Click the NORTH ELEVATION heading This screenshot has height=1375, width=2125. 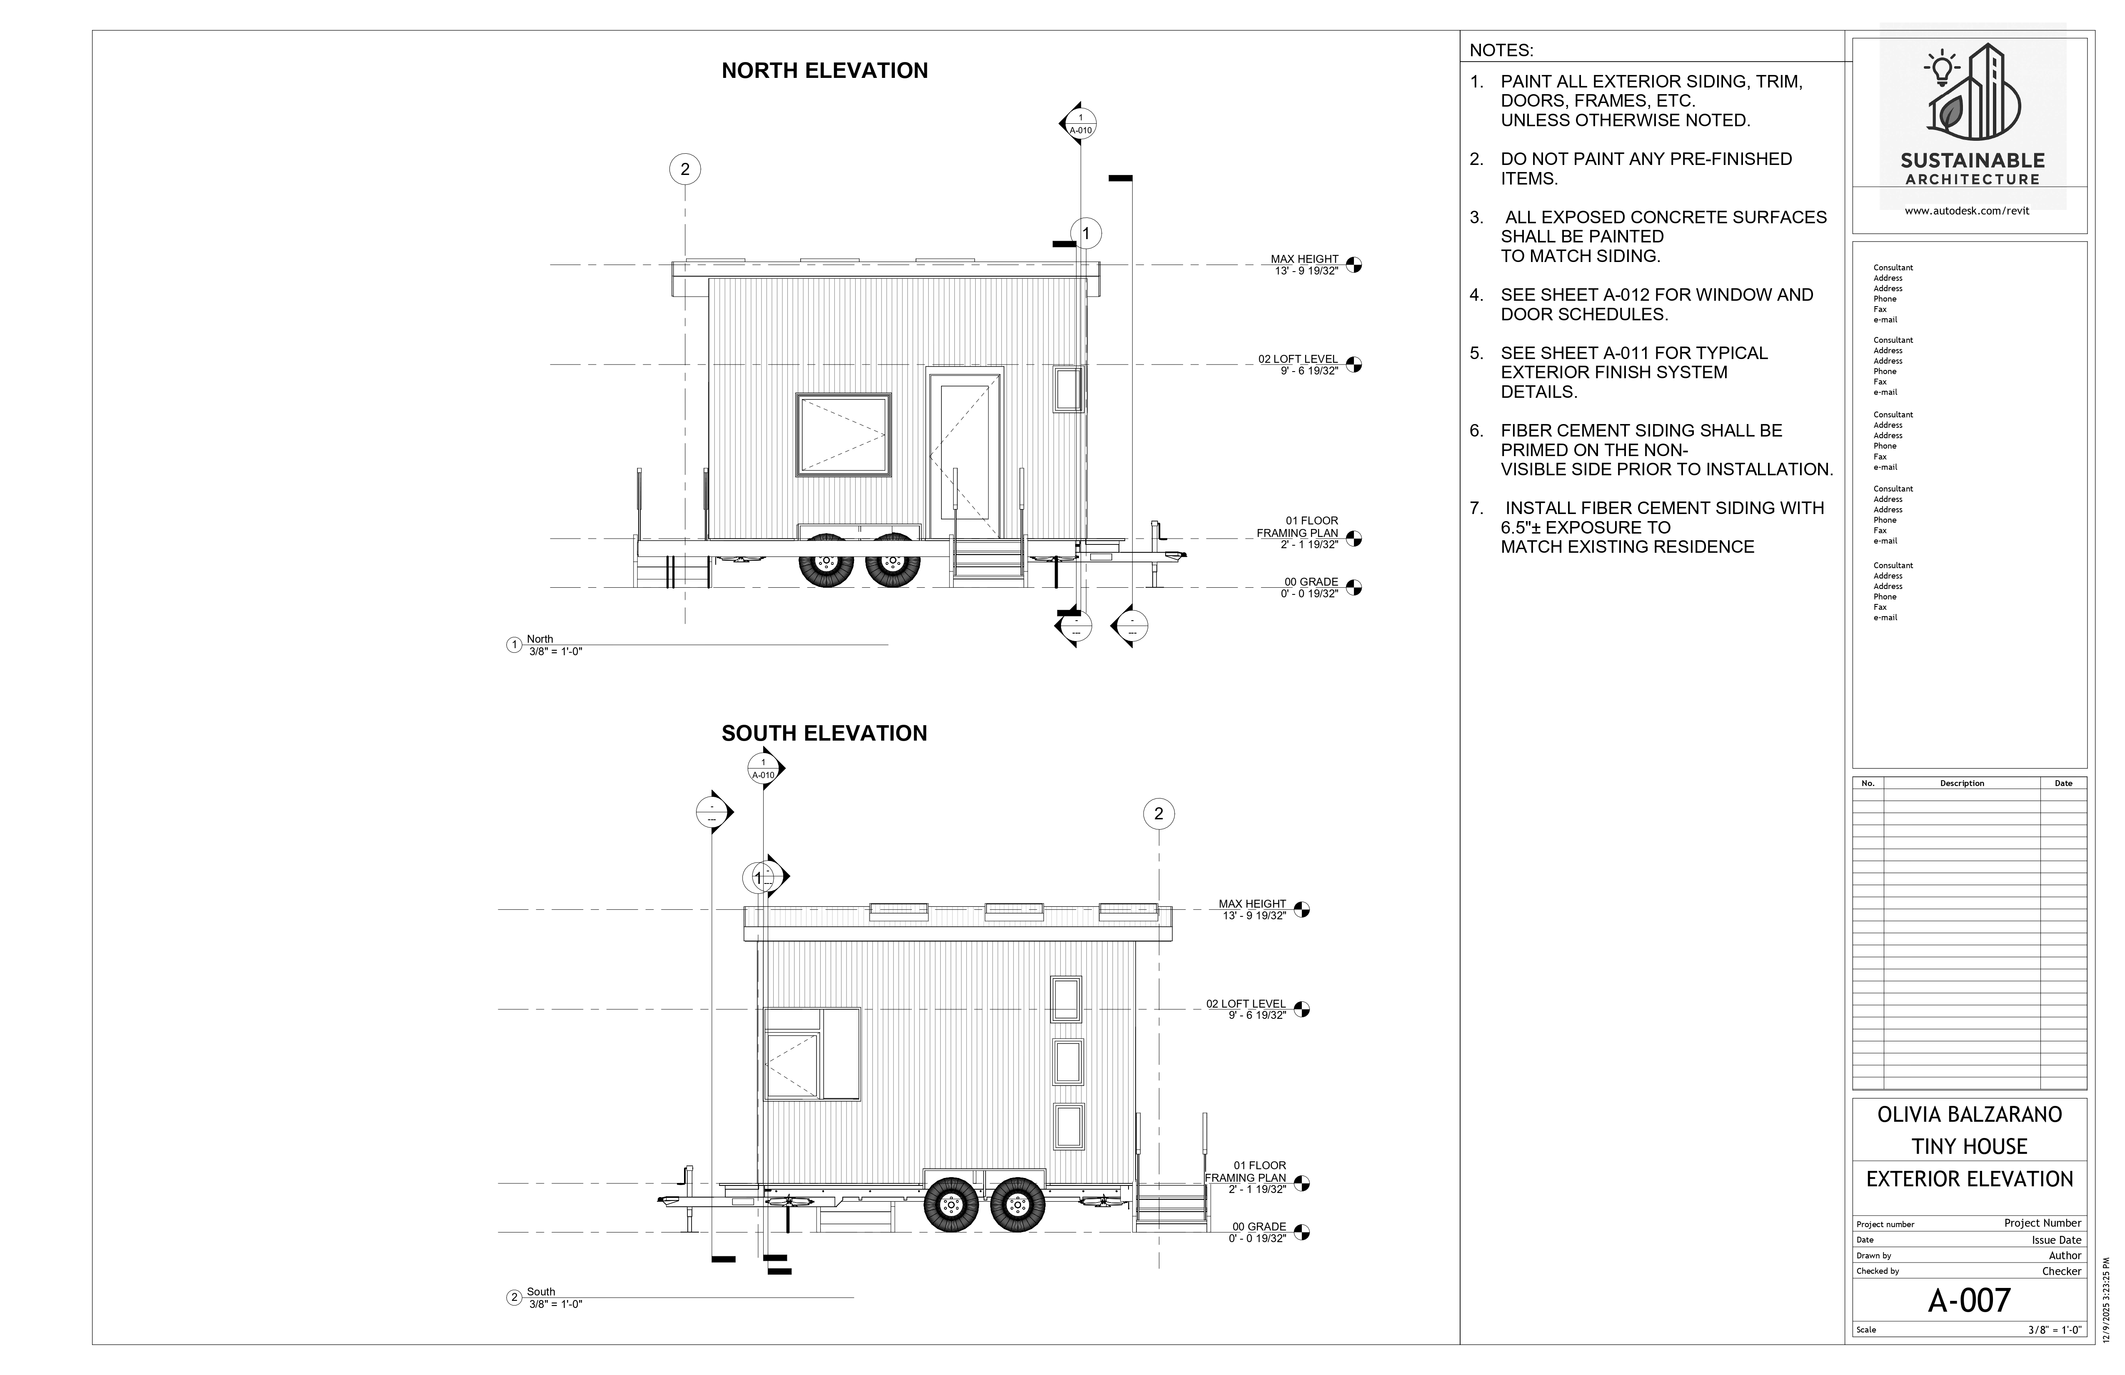824,70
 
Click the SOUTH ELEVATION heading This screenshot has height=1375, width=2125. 824,733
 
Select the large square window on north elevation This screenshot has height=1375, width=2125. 844,435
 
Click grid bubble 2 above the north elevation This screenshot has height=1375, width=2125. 685,170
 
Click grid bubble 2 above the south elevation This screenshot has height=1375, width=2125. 1159,814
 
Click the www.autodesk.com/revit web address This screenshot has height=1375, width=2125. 1966,211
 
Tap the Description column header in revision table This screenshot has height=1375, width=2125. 1962,783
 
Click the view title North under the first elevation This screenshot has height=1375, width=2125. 540,639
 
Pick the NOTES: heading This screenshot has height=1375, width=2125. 1501,50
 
